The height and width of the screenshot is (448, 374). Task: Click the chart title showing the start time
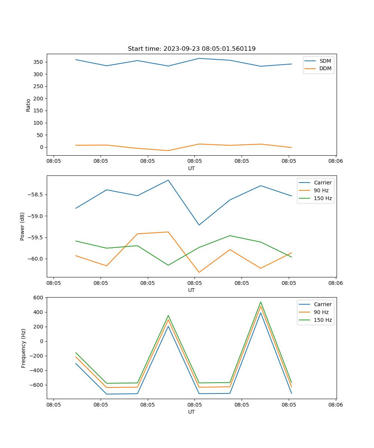click(191, 49)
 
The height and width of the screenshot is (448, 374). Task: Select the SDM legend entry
click(325, 61)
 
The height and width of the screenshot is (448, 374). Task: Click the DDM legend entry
click(325, 68)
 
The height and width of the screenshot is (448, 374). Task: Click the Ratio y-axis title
click(28, 105)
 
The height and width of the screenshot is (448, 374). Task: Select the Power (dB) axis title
click(22, 226)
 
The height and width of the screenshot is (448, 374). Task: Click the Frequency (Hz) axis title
click(23, 348)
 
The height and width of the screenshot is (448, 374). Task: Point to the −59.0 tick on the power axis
click(36, 216)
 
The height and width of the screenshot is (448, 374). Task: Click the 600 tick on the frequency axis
click(39, 298)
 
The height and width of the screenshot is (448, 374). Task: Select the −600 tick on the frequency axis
click(38, 385)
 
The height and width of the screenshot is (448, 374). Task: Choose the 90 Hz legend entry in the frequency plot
click(321, 312)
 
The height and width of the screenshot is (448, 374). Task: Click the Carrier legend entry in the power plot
click(322, 183)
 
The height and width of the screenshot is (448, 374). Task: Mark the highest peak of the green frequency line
click(261, 302)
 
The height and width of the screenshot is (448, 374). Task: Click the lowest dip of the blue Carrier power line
click(199, 225)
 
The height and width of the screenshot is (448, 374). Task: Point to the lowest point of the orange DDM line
click(168, 150)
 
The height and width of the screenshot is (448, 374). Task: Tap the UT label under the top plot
click(191, 168)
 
